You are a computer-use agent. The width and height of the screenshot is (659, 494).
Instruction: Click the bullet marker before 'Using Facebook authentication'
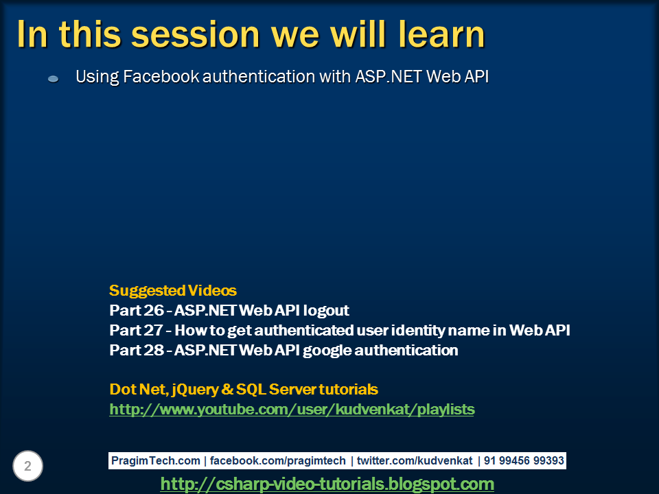coord(54,79)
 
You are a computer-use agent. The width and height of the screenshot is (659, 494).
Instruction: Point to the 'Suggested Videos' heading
coord(173,290)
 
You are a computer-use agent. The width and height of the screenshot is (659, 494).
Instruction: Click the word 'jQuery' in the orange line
coord(194,390)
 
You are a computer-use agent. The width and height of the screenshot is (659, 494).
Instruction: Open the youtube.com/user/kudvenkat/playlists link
coord(292,410)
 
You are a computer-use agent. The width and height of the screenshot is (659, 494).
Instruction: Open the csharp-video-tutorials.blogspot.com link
coord(327,484)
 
